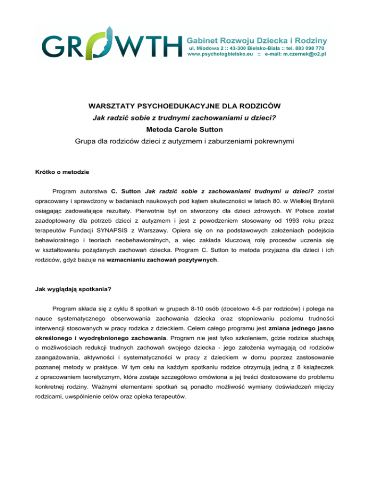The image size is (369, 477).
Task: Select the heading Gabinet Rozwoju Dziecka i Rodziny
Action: pos(257,38)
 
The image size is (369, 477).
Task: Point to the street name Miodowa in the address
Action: pos(207,48)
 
